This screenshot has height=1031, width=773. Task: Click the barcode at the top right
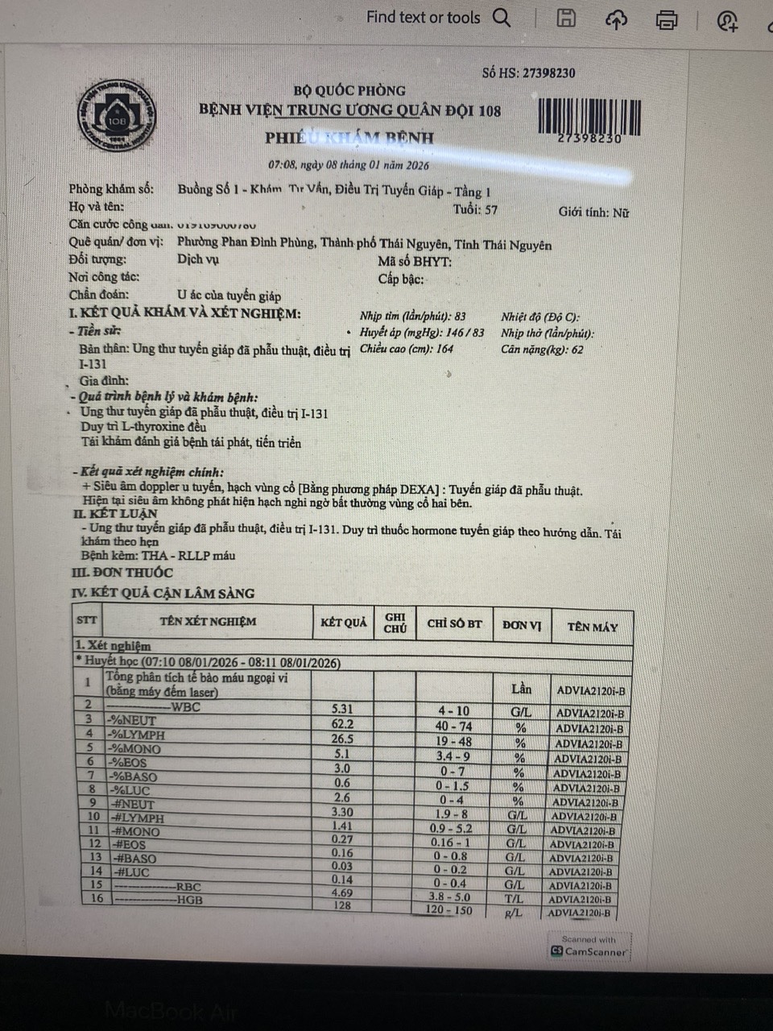pos(589,117)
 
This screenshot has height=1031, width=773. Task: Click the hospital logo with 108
pos(118,118)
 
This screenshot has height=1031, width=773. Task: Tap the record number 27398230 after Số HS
pos(548,72)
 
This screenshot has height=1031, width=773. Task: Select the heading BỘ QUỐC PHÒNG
pos(349,90)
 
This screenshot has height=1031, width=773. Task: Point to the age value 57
pos(490,210)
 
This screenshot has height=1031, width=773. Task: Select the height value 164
pos(444,350)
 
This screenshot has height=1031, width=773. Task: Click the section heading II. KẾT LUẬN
pos(115,513)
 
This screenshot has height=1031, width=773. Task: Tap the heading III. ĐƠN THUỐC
pos(122,573)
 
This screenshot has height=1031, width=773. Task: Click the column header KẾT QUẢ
pos(344,622)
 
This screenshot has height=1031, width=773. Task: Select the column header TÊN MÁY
pos(592,627)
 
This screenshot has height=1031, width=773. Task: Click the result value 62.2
pos(342,723)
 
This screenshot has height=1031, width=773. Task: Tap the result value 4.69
pos(342,892)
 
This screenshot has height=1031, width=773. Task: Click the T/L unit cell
pos(514,899)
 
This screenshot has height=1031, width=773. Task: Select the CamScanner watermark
pos(589,946)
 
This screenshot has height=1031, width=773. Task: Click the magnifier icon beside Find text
pos(502,18)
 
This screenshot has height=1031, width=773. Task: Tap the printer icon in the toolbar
pos(667,19)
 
